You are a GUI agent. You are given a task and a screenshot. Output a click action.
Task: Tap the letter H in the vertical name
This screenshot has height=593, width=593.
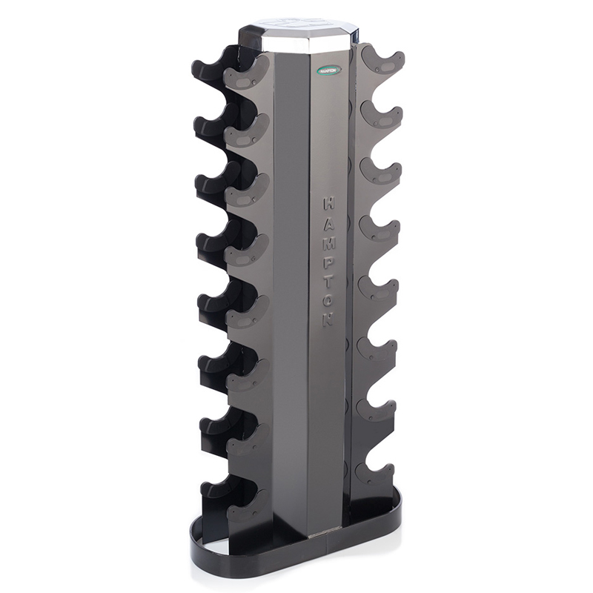[x=328, y=202]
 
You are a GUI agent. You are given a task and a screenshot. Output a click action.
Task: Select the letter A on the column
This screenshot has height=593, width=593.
[x=328, y=222]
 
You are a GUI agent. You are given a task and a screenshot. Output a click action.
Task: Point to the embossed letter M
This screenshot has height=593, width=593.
[x=328, y=242]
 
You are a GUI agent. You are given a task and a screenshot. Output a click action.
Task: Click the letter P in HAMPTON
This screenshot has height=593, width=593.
[x=328, y=262]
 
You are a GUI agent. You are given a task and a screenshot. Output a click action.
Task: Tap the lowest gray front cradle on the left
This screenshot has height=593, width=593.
[x=246, y=504]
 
